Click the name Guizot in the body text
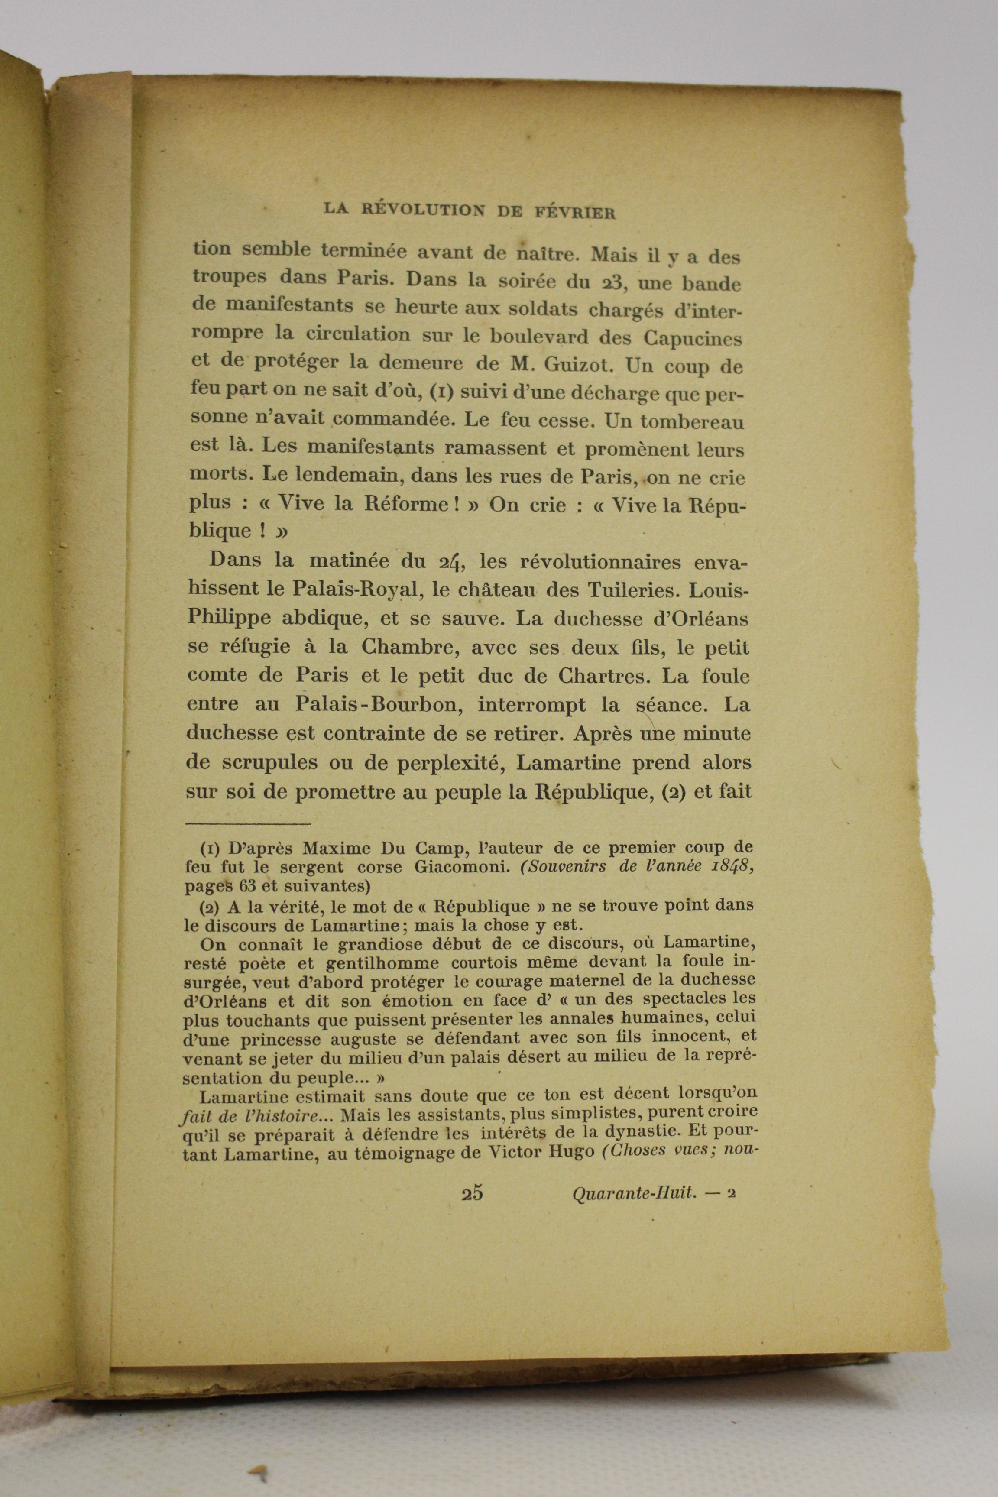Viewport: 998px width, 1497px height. click(582, 365)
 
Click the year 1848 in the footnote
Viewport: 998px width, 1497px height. click(728, 865)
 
